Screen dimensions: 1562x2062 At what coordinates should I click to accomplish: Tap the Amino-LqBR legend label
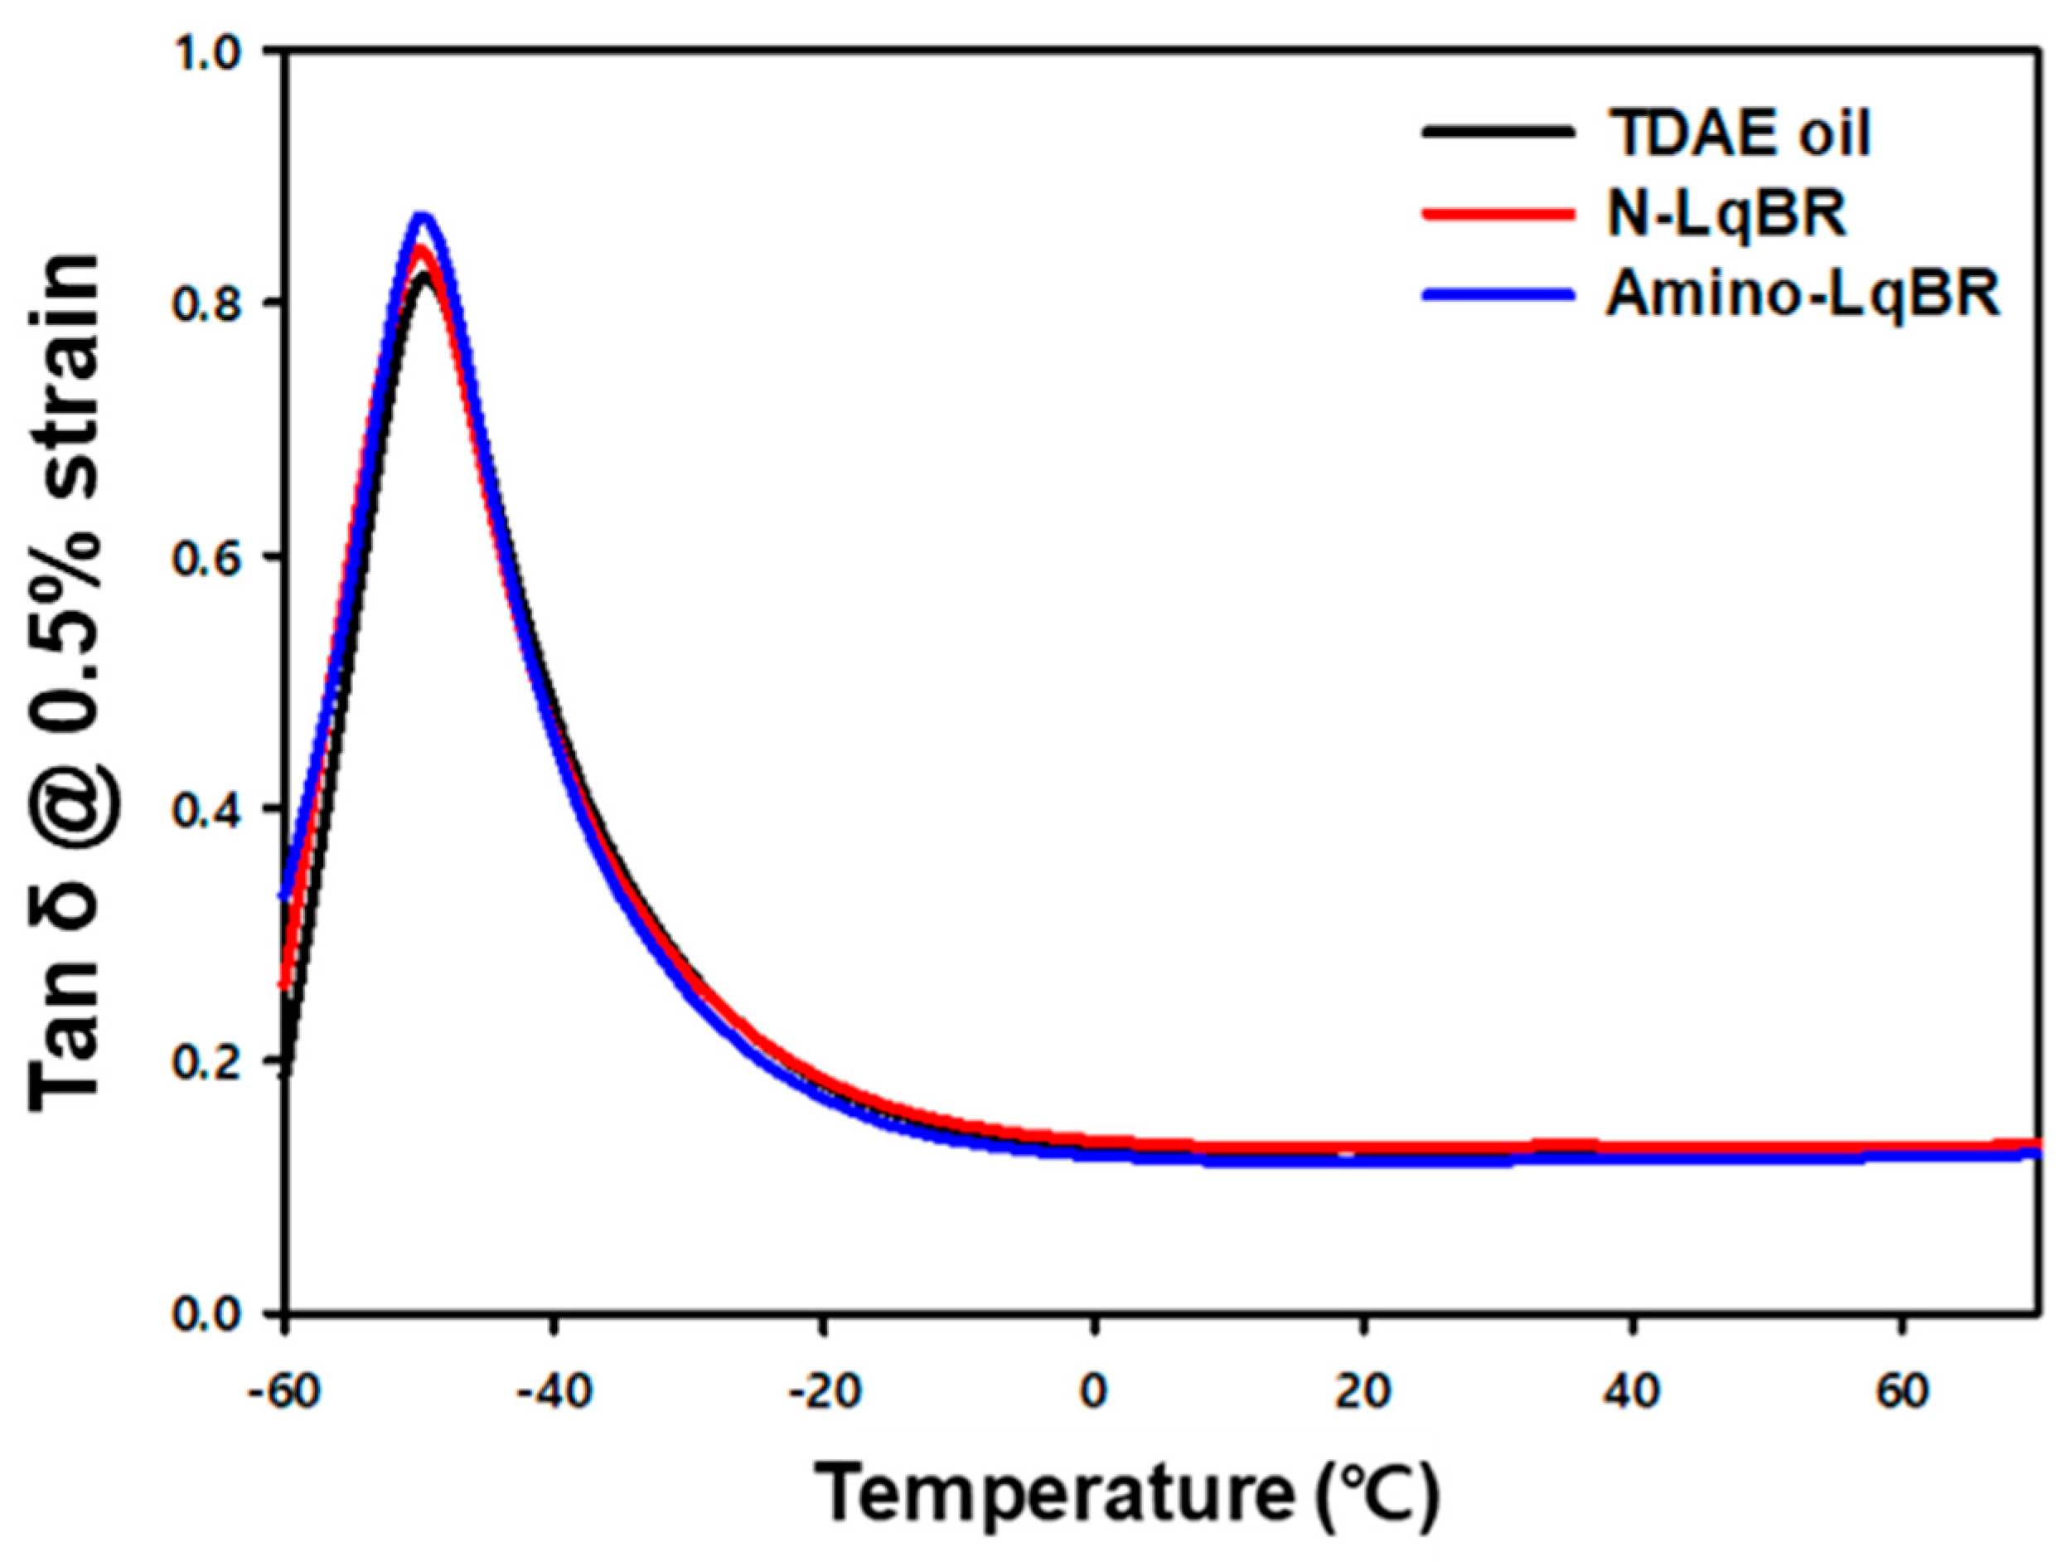(1802, 296)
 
